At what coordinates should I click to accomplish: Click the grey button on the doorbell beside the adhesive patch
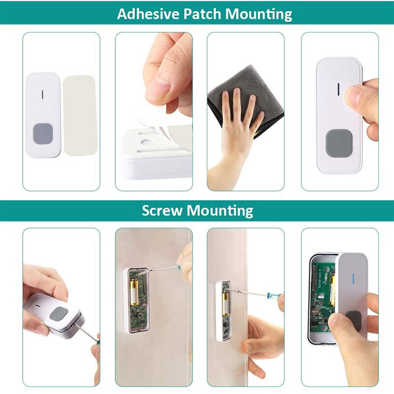(x=42, y=133)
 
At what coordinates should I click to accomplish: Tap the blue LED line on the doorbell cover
(x=352, y=277)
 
